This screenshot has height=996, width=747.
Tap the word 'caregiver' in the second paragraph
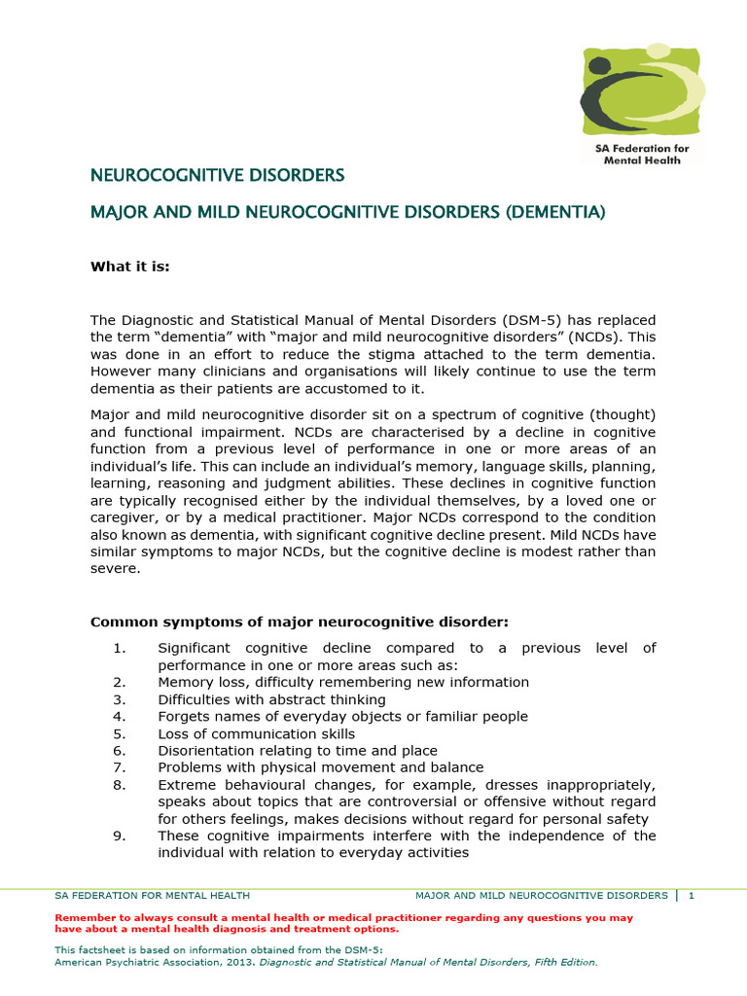point(124,517)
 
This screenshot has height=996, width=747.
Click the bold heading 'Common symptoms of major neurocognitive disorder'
point(299,622)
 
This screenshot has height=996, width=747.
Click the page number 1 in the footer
point(691,896)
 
